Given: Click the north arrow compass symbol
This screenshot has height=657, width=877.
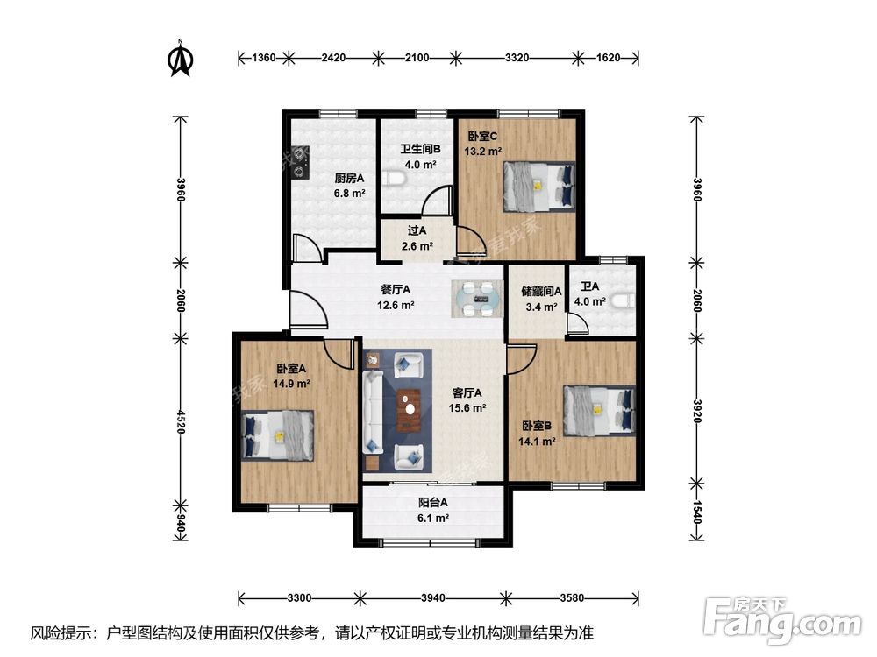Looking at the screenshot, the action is [x=181, y=58].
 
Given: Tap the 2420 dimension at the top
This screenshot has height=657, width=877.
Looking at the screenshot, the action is [x=333, y=58].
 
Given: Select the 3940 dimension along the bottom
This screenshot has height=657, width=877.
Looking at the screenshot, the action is [x=433, y=598].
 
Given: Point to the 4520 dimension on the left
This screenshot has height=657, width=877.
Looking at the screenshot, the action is [x=180, y=422].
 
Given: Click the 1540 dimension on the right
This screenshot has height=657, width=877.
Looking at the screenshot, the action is [x=697, y=512].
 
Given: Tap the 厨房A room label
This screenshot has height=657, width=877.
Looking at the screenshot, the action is [x=350, y=178].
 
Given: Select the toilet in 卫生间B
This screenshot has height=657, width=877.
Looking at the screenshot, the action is [x=395, y=179].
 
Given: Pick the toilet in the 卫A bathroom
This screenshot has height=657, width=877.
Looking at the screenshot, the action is [x=623, y=301].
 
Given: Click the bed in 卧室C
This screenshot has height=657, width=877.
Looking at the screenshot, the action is [x=539, y=187].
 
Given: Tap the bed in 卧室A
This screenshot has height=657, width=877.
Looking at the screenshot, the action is [x=277, y=435].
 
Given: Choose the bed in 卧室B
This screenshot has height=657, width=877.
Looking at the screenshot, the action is [x=600, y=411].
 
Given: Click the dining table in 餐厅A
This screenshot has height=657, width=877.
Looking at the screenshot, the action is [x=477, y=299].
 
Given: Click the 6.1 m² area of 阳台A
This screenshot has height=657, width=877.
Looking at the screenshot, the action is [x=433, y=519].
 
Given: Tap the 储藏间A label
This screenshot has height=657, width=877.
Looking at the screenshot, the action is [x=541, y=291].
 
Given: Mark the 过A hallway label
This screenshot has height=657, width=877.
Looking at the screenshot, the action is [x=417, y=230].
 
